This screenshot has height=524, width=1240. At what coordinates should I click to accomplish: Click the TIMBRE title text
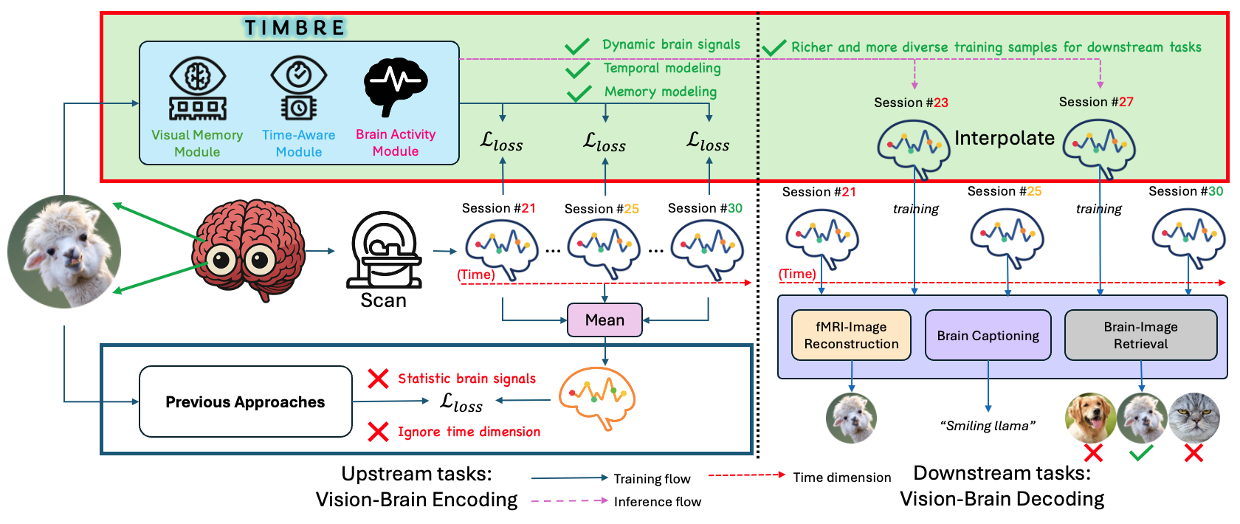[x=295, y=28]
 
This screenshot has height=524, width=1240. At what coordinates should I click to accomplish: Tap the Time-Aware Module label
[x=298, y=143]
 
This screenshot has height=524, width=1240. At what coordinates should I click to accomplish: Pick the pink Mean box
[x=604, y=320]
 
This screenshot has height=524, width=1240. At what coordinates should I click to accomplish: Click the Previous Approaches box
[x=245, y=401]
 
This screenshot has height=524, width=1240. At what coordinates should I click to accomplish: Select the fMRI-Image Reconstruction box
[x=851, y=335]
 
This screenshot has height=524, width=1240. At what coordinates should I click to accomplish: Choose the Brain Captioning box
[x=988, y=335]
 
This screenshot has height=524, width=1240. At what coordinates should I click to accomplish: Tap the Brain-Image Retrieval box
[x=1140, y=335]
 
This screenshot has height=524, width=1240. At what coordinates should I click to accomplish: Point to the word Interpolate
[x=1004, y=138]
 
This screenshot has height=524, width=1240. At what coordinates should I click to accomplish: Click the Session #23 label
[x=911, y=103]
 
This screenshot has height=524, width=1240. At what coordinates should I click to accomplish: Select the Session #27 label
[x=1095, y=102]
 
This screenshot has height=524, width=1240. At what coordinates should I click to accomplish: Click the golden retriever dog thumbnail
[x=1090, y=418]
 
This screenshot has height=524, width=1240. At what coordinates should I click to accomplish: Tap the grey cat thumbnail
[x=1193, y=418]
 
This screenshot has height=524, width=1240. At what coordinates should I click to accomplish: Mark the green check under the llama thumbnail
[x=1141, y=453]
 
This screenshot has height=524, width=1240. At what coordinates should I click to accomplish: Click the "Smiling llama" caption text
[x=988, y=426]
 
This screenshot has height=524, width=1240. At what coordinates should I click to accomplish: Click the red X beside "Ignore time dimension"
[x=378, y=432]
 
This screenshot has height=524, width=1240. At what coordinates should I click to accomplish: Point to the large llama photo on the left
[x=64, y=252]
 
